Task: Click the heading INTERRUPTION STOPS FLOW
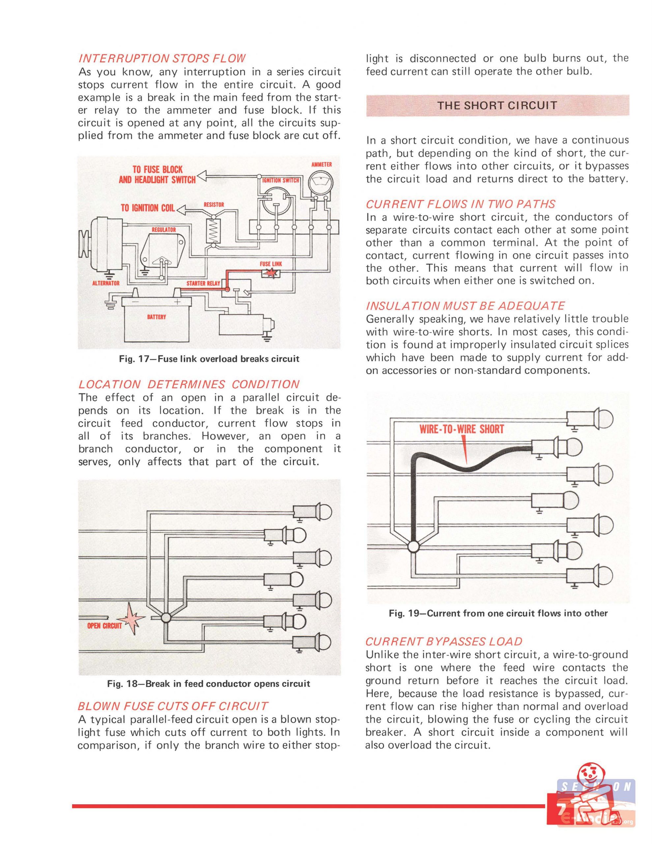(x=162, y=58)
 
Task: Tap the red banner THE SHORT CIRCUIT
(x=497, y=105)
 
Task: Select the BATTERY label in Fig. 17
(x=157, y=317)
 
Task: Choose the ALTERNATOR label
(x=106, y=283)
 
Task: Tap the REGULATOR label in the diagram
(x=163, y=229)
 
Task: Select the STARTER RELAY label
(x=203, y=283)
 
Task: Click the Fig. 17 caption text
(x=209, y=359)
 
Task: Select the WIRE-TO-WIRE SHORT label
(x=462, y=429)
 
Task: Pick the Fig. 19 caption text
(x=498, y=613)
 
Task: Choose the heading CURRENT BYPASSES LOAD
(x=444, y=642)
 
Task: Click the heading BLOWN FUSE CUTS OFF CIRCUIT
(x=172, y=706)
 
